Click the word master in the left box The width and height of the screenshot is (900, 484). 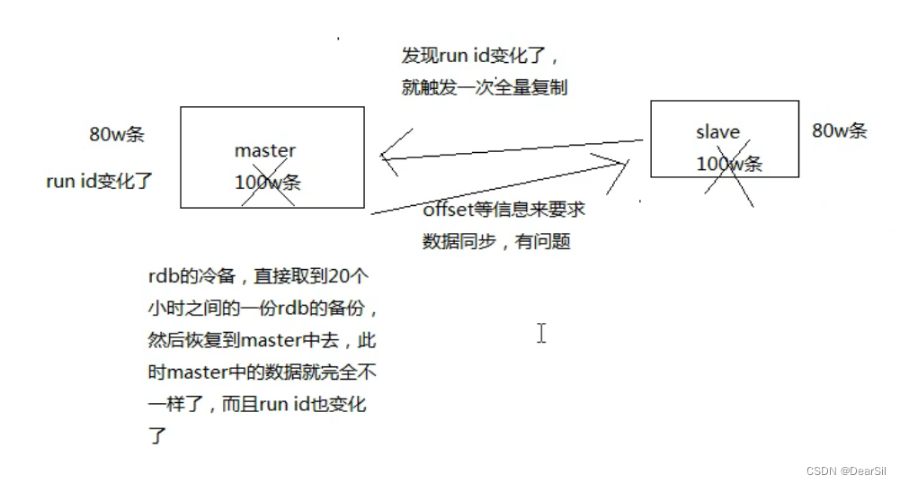coord(264,151)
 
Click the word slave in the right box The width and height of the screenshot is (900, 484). coord(717,132)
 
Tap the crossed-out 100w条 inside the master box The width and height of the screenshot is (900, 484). coord(267,183)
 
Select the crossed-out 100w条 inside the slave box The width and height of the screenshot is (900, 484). coord(729,164)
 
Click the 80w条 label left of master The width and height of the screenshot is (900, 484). coord(117,135)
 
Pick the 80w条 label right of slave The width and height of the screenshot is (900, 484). coord(840,130)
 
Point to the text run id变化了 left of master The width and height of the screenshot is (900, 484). coord(100,181)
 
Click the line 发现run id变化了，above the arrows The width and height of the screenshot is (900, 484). coord(481,56)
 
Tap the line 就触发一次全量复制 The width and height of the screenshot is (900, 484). coord(485,88)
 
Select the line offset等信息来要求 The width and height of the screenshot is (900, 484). coord(503,209)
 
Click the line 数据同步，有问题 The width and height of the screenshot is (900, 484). coord(496,241)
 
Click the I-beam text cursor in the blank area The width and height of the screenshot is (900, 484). coord(541,333)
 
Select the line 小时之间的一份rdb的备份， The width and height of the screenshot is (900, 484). coord(263,309)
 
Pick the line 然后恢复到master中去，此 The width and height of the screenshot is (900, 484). coord(261,341)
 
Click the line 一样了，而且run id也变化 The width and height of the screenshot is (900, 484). coord(256,405)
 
